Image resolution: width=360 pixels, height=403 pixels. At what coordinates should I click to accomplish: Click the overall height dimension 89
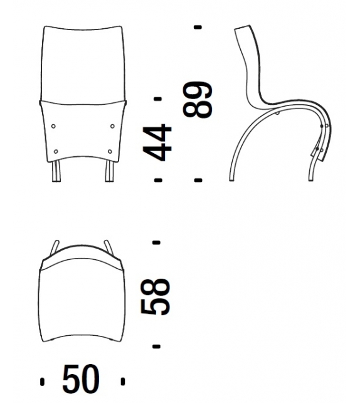pyautogui.click(x=198, y=100)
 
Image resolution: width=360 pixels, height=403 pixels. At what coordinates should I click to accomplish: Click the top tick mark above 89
pyautogui.click(x=198, y=27)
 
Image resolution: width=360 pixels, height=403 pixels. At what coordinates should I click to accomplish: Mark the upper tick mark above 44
pyautogui.click(x=157, y=99)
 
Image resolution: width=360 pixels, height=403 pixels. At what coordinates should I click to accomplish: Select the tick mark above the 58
pyautogui.click(x=157, y=242)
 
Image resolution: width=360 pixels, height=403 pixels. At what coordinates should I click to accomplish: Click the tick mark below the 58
pyautogui.click(x=157, y=346)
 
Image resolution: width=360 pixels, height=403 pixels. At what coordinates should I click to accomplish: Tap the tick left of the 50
pyautogui.click(x=43, y=381)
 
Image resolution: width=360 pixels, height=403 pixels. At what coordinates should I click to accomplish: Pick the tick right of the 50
pyautogui.click(x=123, y=381)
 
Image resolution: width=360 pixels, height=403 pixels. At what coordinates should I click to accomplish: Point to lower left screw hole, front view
pyautogui.click(x=56, y=151)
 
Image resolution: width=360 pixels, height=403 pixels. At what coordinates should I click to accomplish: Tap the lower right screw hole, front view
pyautogui.click(x=110, y=151)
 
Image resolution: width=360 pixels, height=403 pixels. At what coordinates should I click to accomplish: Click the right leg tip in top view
pyautogui.click(x=109, y=244)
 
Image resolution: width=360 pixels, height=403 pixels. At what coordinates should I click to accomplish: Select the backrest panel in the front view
pyautogui.click(x=83, y=63)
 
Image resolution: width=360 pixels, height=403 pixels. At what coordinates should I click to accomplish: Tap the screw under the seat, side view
pyautogui.click(x=278, y=114)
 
